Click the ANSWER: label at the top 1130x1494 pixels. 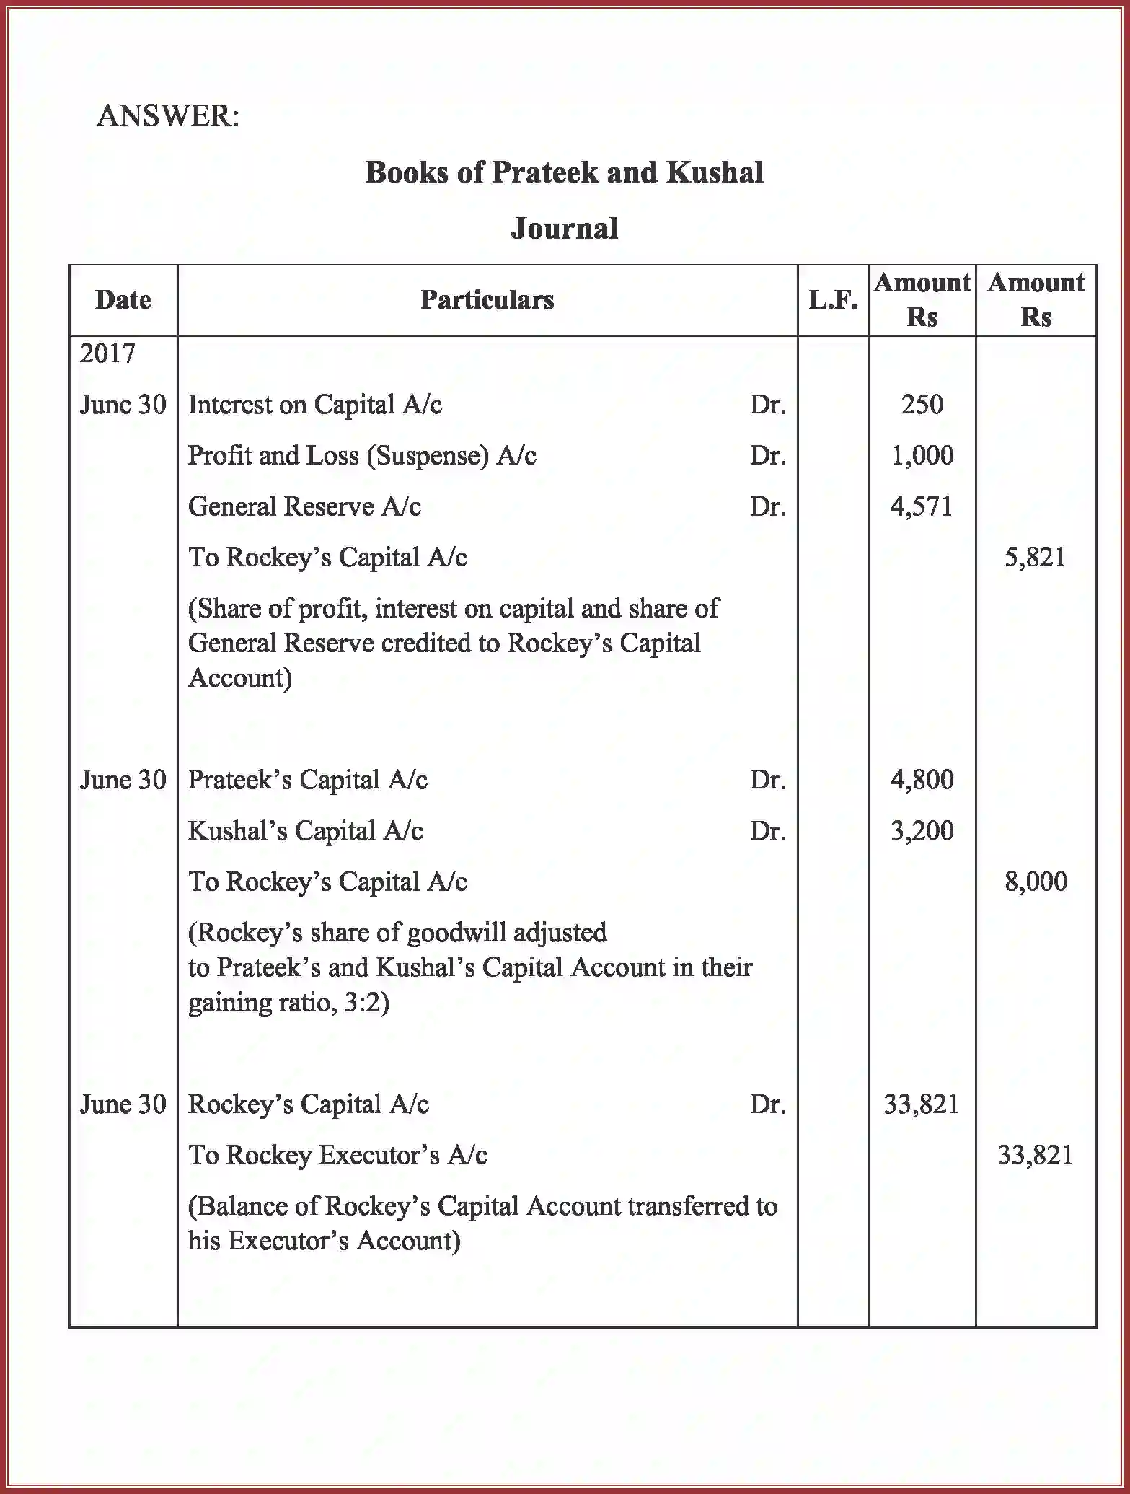[x=167, y=116]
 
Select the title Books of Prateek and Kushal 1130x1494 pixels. [x=564, y=173]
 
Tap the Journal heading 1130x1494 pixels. [x=564, y=229]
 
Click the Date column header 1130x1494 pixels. [x=123, y=300]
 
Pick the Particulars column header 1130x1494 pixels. [x=487, y=300]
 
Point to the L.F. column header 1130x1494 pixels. [x=833, y=300]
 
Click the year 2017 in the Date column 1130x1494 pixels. [x=107, y=353]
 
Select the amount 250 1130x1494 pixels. [x=922, y=405]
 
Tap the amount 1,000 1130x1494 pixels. [x=922, y=456]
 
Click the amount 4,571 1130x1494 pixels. [x=922, y=507]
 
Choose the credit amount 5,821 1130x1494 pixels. [x=1035, y=558]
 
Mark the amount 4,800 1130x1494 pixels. [x=922, y=781]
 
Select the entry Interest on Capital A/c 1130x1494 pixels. [x=314, y=405]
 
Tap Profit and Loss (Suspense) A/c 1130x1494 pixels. [x=362, y=456]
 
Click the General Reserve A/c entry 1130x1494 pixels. [x=304, y=507]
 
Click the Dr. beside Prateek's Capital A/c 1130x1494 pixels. [x=767, y=781]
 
